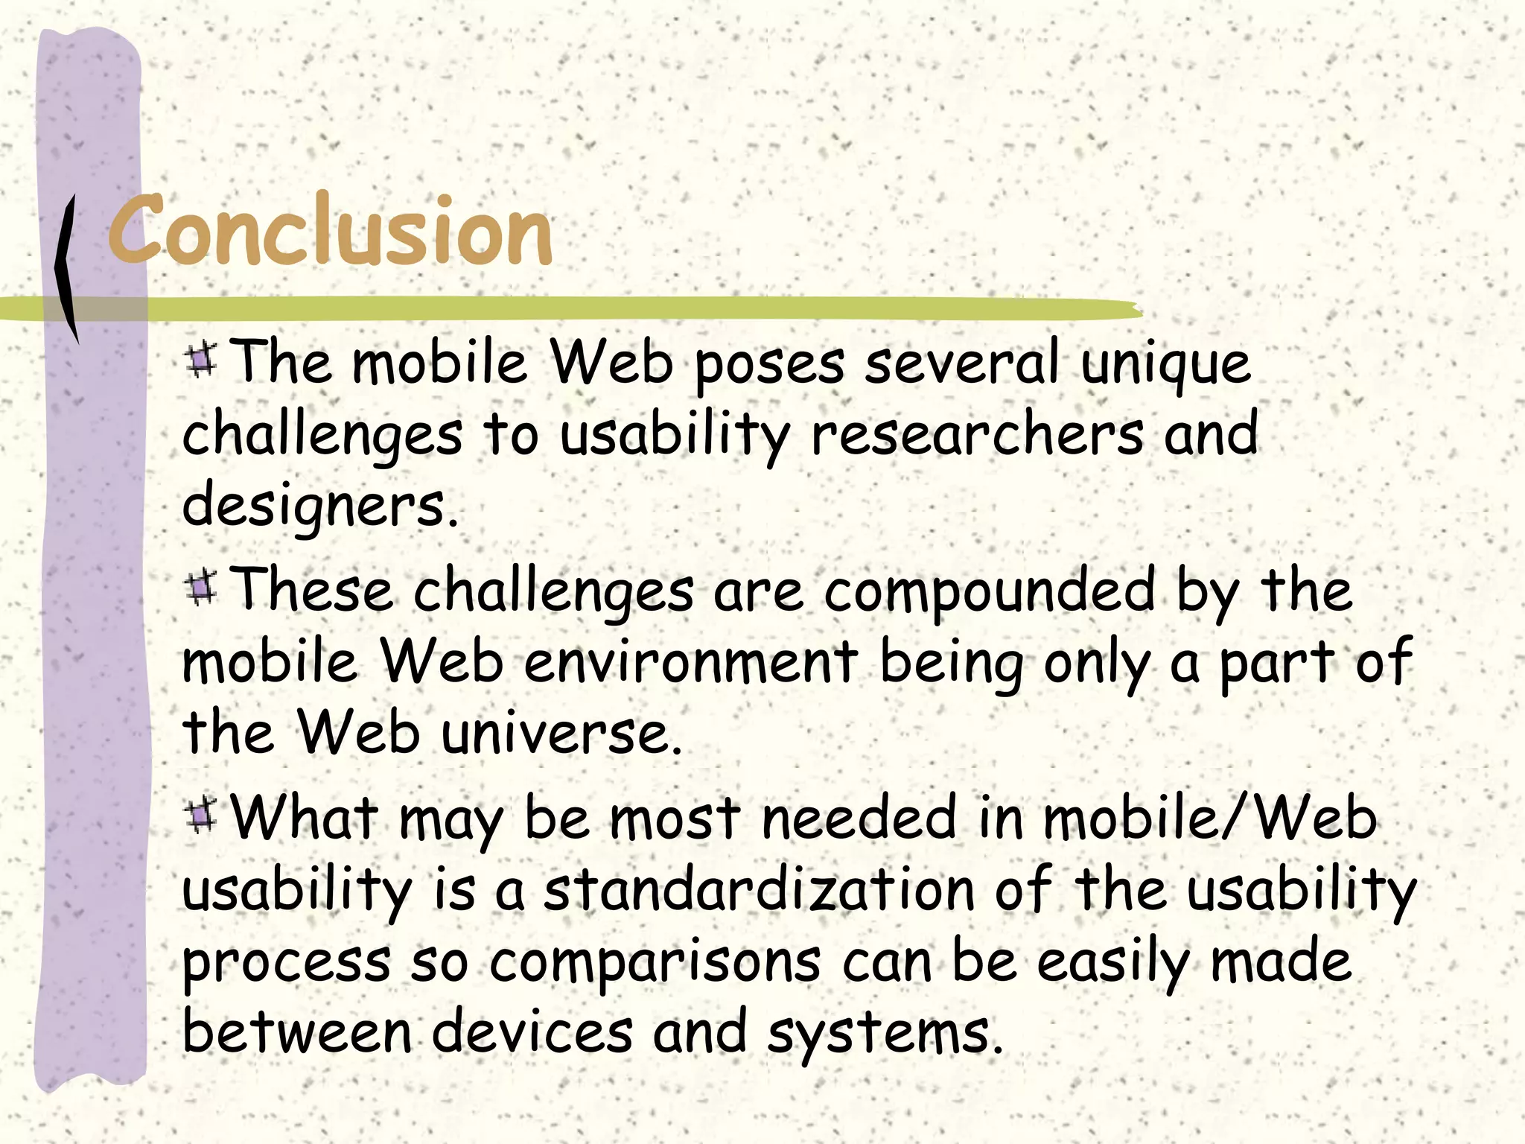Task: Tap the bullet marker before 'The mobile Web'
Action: (200, 360)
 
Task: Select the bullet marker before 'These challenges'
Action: (200, 588)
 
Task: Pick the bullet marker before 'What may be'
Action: (200, 815)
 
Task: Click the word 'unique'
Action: (1165, 365)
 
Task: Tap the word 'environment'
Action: (691, 661)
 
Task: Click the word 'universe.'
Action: (561, 734)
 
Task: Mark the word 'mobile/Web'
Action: (1210, 818)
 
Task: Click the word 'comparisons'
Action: (655, 962)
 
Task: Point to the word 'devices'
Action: (532, 1032)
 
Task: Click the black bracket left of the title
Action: (67, 268)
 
